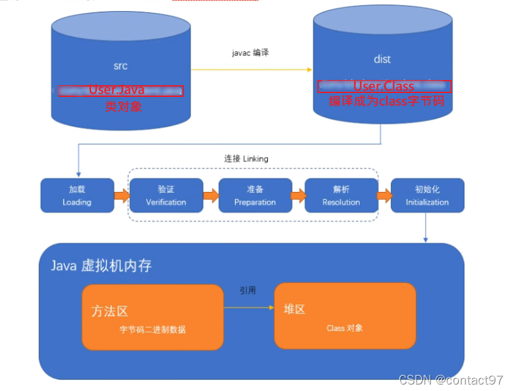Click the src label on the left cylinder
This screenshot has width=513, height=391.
click(x=120, y=66)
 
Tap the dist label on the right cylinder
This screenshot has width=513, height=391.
click(x=382, y=59)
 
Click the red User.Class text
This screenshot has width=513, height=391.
click(x=384, y=87)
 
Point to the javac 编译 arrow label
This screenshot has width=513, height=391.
click(x=250, y=53)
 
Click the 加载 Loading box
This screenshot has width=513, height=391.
click(x=77, y=195)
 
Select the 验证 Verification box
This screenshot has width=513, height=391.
click(x=166, y=195)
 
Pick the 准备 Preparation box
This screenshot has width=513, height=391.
click(x=255, y=195)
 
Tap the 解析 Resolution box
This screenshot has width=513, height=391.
click(x=341, y=195)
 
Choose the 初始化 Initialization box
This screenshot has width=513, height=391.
click(x=427, y=195)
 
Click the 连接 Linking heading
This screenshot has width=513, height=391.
click(x=246, y=159)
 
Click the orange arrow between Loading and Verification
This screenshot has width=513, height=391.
click(x=122, y=195)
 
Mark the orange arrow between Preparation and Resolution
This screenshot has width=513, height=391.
click(x=298, y=195)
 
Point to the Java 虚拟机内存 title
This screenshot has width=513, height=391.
click(x=101, y=266)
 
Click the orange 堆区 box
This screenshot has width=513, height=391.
click(x=345, y=316)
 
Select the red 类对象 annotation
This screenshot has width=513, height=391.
click(x=124, y=106)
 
